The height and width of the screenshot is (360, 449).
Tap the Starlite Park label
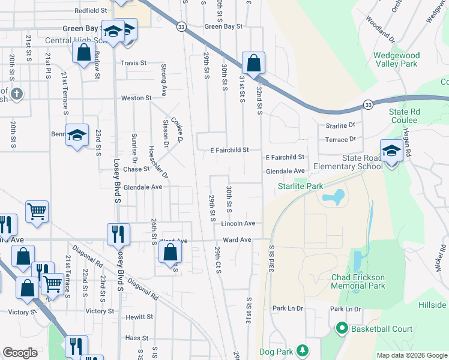click(301, 187)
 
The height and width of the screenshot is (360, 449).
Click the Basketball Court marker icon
click(342, 328)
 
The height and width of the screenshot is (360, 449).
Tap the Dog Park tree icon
click(303, 350)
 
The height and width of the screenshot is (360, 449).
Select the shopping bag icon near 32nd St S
click(254, 62)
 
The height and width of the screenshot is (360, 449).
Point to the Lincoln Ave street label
click(238, 224)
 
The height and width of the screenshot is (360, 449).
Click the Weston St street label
click(136, 98)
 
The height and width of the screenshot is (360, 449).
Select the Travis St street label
click(133, 63)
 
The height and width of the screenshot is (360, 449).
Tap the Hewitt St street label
click(139, 317)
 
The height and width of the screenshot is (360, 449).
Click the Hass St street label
click(137, 338)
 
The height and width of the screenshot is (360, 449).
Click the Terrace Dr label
click(337, 140)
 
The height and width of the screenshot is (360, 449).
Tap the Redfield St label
click(90, 11)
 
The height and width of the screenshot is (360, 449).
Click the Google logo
click(20, 353)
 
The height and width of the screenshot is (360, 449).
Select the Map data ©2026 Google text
click(411, 355)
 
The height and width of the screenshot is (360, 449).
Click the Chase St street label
click(136, 169)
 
